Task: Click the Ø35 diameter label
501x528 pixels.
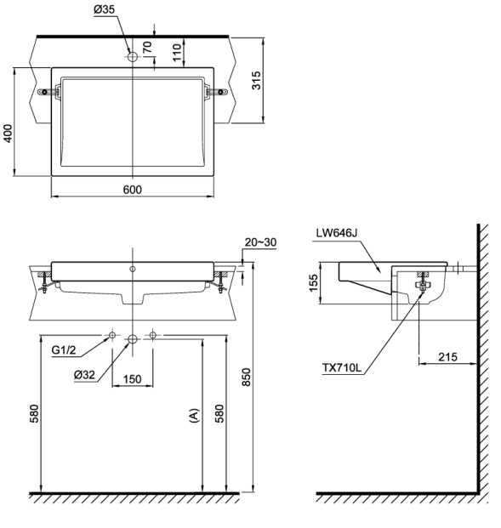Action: (104, 9)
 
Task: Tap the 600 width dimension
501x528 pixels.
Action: (133, 190)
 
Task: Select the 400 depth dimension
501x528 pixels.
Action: (8, 133)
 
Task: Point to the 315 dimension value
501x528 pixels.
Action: (256, 80)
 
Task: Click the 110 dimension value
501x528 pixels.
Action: (177, 53)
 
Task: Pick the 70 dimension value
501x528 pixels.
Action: (147, 47)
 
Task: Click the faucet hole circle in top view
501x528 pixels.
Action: (133, 57)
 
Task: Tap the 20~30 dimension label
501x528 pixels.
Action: (260, 241)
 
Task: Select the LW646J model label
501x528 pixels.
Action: (336, 233)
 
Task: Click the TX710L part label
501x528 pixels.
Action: (342, 367)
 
